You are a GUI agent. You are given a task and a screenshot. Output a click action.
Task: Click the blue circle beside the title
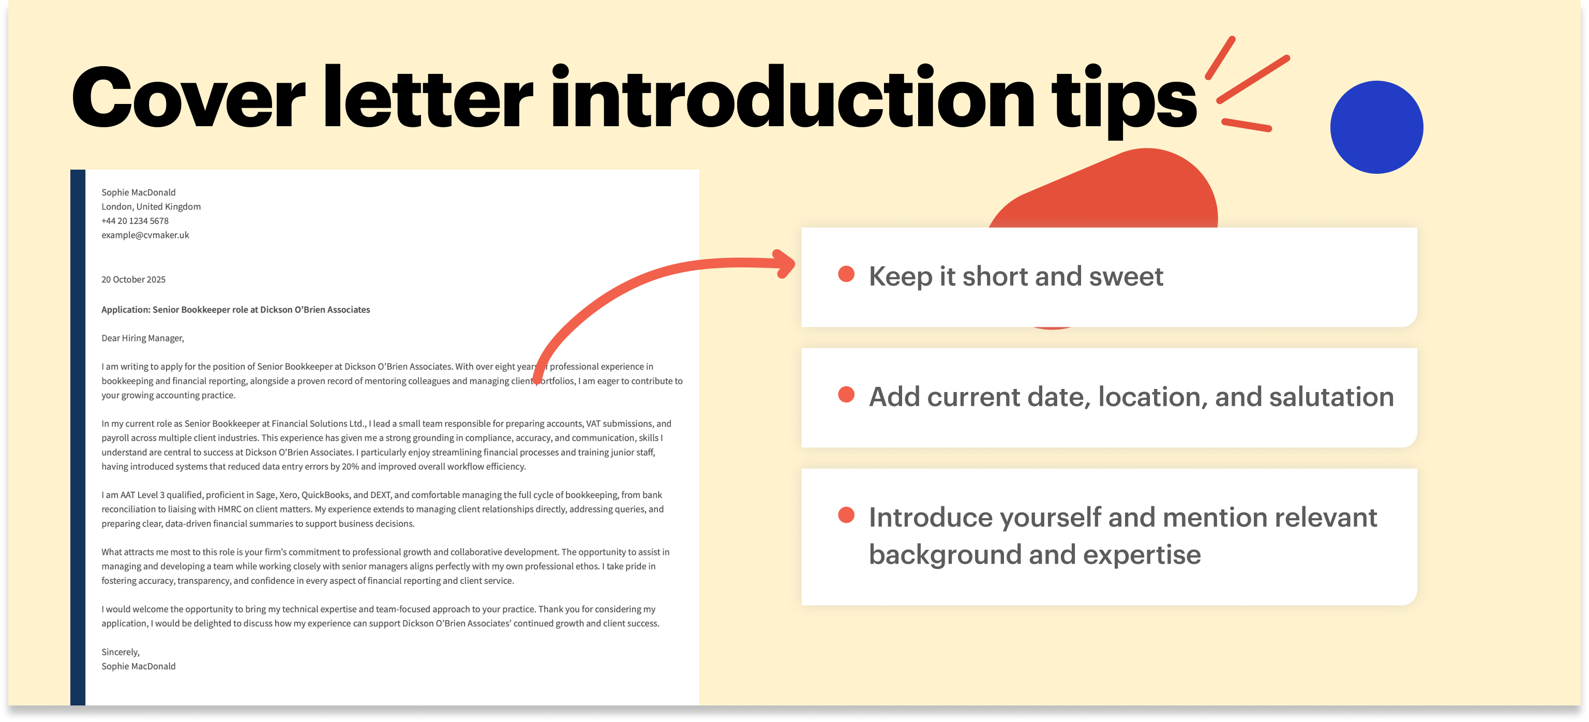pyautogui.click(x=1376, y=127)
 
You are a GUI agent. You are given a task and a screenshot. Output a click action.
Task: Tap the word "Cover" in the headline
pyautogui.click(x=188, y=99)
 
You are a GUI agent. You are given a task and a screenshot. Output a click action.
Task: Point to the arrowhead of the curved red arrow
pyautogui.click(x=786, y=263)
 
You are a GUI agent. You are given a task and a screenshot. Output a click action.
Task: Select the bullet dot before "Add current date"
pyautogui.click(x=846, y=395)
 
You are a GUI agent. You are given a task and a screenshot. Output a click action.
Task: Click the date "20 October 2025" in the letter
pyautogui.click(x=133, y=279)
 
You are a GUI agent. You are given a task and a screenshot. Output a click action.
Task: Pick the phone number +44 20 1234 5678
pyautogui.click(x=134, y=221)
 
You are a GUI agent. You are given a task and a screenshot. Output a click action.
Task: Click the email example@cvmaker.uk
pyautogui.click(x=145, y=235)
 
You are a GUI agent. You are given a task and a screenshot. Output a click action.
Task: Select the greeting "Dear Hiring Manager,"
pyautogui.click(x=142, y=338)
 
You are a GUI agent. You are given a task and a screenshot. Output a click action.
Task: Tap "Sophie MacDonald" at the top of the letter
pyautogui.click(x=138, y=192)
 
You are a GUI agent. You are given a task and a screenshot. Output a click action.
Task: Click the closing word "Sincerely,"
pyautogui.click(x=121, y=652)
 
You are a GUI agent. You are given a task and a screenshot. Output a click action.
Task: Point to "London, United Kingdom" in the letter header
pyautogui.click(x=151, y=206)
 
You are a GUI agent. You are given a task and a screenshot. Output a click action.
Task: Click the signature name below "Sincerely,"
pyautogui.click(x=138, y=666)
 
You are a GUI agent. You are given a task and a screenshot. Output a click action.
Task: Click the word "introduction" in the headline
pyautogui.click(x=792, y=99)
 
